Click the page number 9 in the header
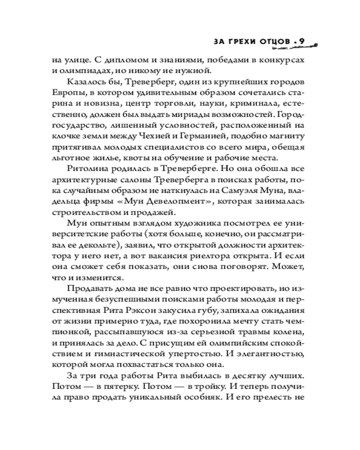(x=301, y=41)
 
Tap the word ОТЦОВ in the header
(x=271, y=42)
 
